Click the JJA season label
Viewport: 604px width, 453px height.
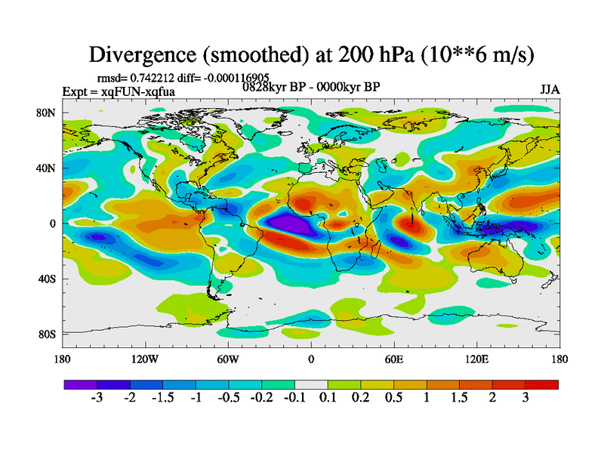coord(550,89)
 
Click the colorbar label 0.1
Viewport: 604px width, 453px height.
coord(327,399)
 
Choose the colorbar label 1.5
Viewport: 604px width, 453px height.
coord(459,399)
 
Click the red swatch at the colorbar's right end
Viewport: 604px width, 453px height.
coord(542,384)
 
